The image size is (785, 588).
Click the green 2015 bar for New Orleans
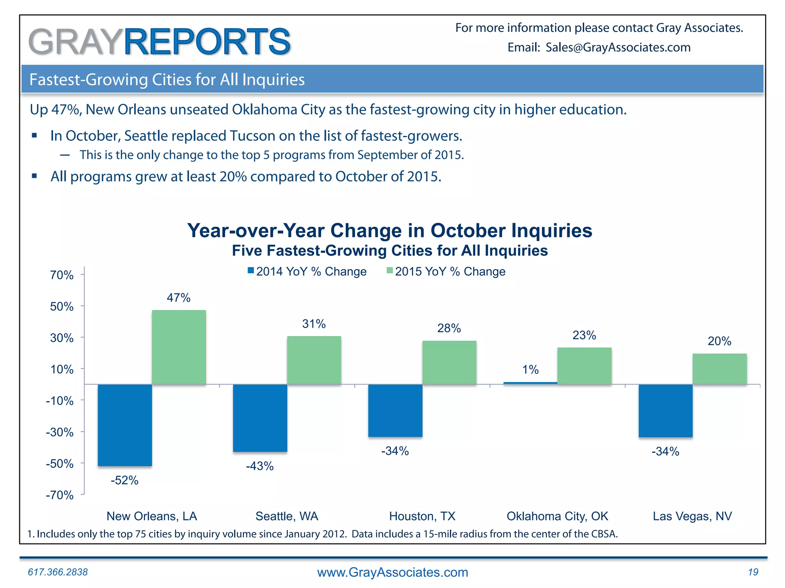click(x=179, y=347)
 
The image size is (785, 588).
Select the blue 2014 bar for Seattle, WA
click(x=260, y=418)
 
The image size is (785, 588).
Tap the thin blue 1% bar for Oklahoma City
click(x=530, y=382)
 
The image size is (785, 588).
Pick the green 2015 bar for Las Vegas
click(x=719, y=369)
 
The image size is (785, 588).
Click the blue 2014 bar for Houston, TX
click(x=395, y=410)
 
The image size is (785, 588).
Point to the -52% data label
click(x=124, y=480)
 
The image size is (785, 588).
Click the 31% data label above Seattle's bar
click(x=314, y=324)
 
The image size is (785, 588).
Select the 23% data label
click(x=584, y=335)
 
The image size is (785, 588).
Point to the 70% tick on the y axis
click(x=62, y=275)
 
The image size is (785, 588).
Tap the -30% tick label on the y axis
click(x=60, y=432)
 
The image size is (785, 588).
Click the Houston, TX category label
click(x=422, y=516)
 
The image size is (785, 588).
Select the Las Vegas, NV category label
click(x=692, y=516)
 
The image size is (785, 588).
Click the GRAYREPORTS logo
click(x=159, y=41)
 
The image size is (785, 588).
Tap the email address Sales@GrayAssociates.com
click(x=618, y=47)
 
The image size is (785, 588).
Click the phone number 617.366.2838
click(x=58, y=572)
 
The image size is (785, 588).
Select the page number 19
click(x=753, y=572)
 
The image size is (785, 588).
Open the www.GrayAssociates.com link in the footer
click(x=392, y=572)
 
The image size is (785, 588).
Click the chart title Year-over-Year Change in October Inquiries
click(x=389, y=230)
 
